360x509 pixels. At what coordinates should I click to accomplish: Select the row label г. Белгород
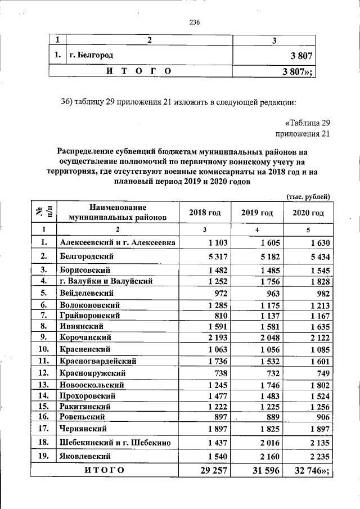point(91,55)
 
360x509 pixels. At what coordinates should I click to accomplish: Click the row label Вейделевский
point(86,293)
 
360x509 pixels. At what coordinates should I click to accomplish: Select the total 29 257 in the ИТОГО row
point(210,470)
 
